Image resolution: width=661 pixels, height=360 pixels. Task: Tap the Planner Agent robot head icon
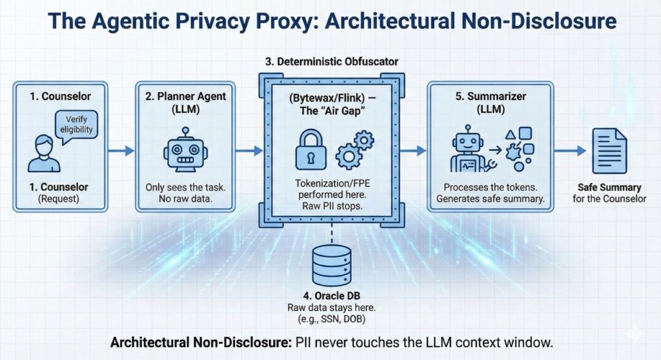click(185, 150)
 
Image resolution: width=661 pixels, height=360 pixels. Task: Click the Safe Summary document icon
click(609, 148)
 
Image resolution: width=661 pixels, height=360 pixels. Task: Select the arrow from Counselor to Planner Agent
click(121, 151)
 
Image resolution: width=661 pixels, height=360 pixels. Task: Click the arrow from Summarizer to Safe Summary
click(571, 151)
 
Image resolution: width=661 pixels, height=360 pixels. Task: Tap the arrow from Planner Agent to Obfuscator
click(249, 151)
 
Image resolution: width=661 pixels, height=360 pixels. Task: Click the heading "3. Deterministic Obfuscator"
click(331, 62)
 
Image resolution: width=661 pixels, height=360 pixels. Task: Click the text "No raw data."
click(187, 199)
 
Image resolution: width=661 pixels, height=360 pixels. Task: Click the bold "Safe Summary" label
click(609, 187)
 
